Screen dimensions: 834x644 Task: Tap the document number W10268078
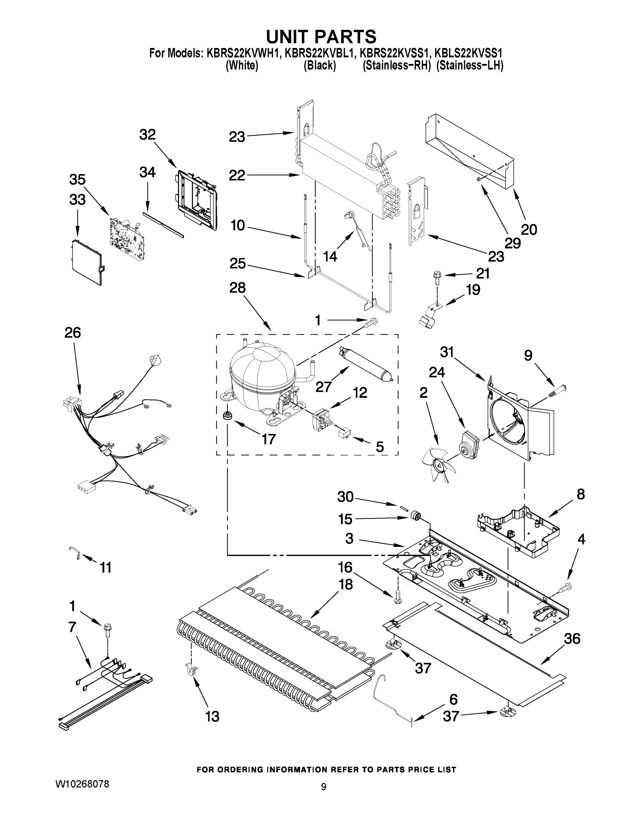click(82, 784)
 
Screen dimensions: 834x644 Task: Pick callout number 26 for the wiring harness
click(73, 333)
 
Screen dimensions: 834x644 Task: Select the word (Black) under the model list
click(320, 66)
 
